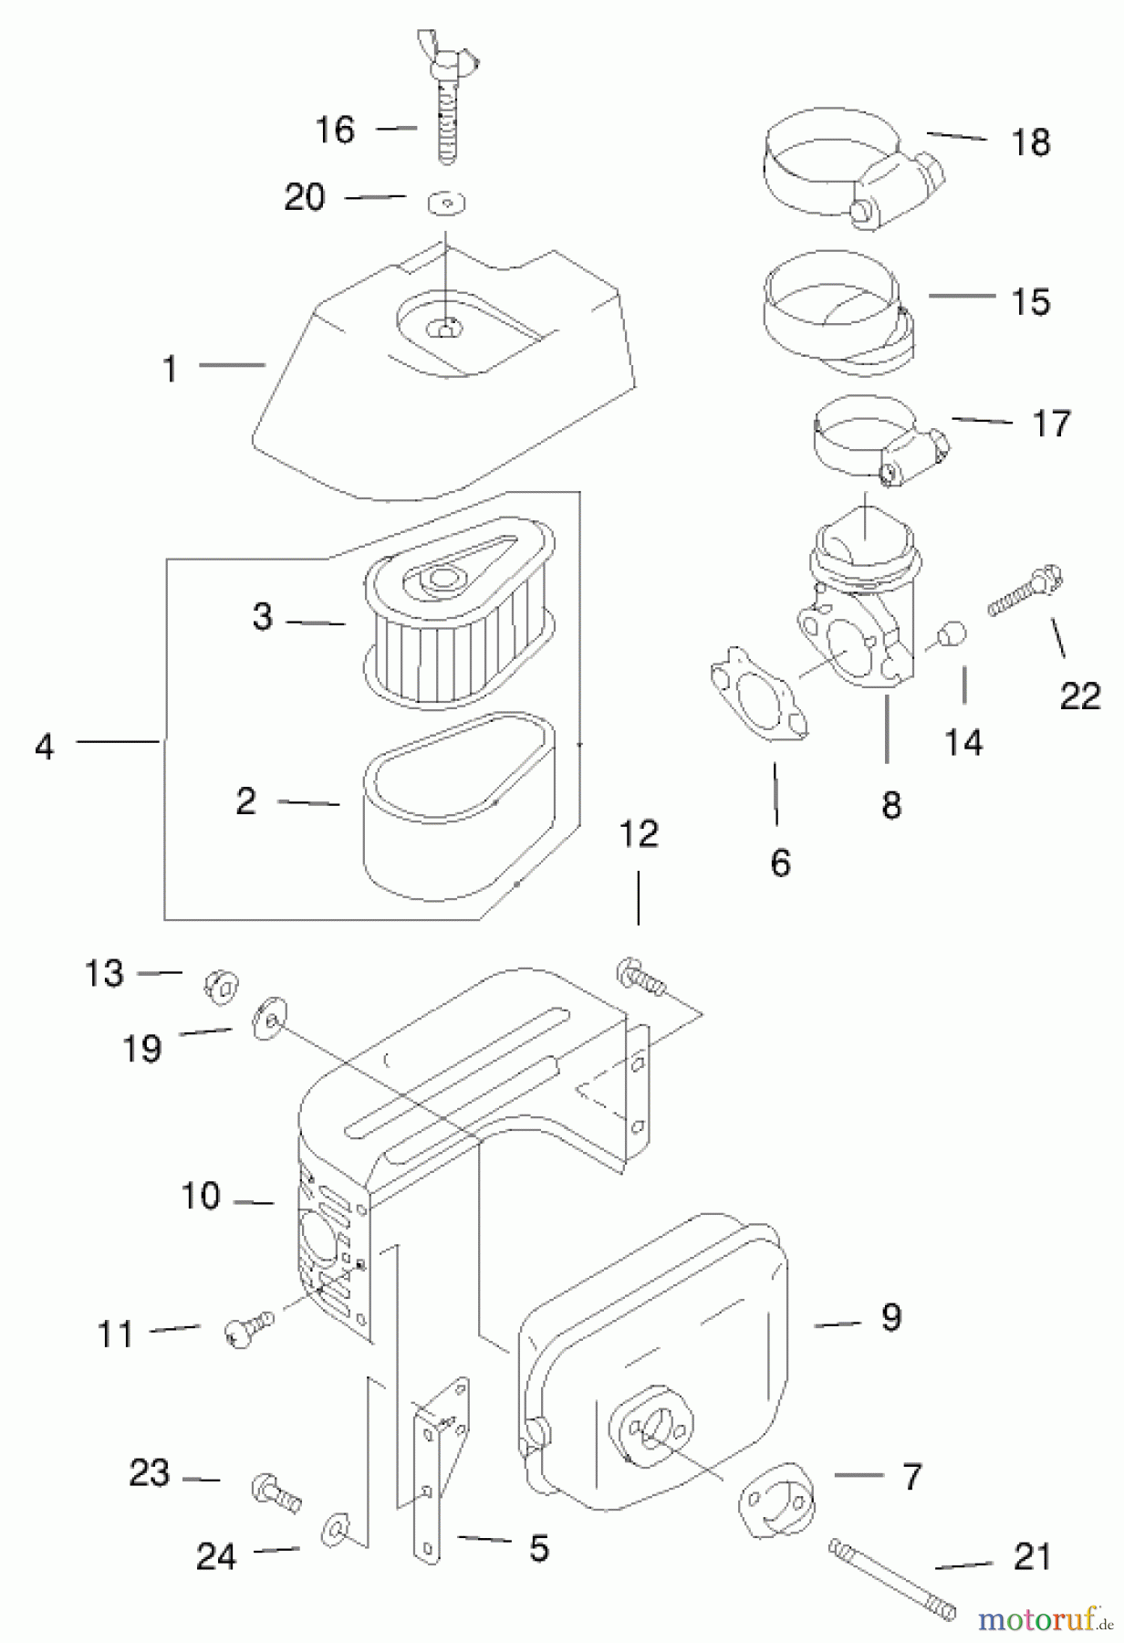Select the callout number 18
pos(1031,142)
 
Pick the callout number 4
pos(44,747)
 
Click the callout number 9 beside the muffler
pos(891,1316)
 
